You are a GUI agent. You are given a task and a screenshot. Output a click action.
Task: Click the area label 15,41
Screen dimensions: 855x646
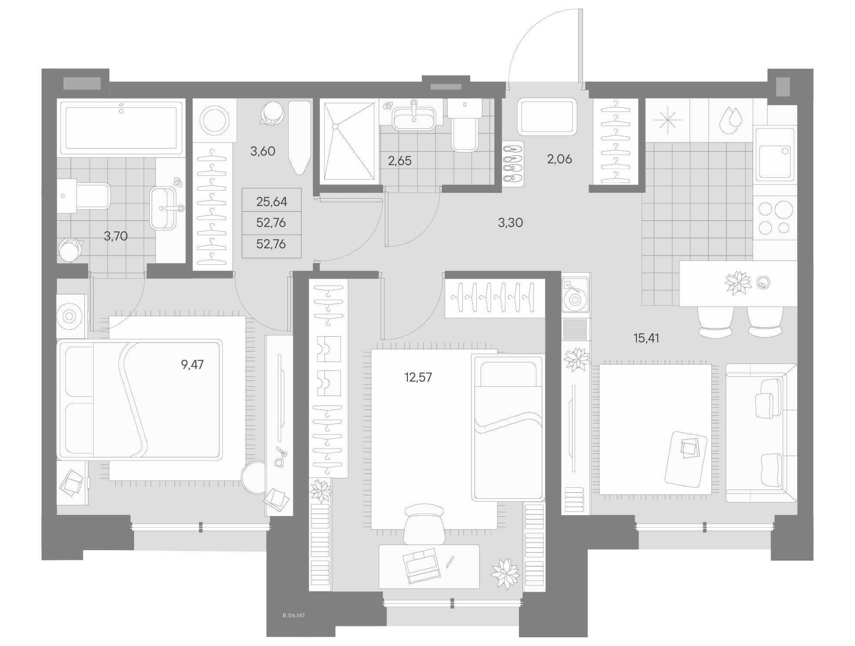pyautogui.click(x=646, y=338)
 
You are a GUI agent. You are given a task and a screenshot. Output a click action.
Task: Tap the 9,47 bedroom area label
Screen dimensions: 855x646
pyautogui.click(x=192, y=364)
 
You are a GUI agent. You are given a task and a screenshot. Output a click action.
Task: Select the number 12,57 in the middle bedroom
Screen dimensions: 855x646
pyautogui.click(x=418, y=377)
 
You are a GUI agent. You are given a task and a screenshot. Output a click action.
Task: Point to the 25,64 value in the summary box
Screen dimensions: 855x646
pyautogui.click(x=271, y=202)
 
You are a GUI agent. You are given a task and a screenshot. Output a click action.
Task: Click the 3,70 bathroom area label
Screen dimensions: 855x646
pyautogui.click(x=116, y=236)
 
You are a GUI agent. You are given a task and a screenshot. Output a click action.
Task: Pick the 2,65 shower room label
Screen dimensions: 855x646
pyautogui.click(x=400, y=161)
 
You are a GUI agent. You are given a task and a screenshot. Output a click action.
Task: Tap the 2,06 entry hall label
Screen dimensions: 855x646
pyautogui.click(x=559, y=159)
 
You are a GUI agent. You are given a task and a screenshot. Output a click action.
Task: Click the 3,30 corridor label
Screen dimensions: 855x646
pyautogui.click(x=510, y=223)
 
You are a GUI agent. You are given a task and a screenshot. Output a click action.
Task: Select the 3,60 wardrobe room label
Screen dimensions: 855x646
pyautogui.click(x=263, y=151)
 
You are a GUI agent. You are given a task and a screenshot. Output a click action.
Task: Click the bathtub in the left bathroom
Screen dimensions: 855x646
pyautogui.click(x=121, y=127)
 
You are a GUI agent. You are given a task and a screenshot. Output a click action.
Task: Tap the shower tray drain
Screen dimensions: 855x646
pyautogui.click(x=335, y=126)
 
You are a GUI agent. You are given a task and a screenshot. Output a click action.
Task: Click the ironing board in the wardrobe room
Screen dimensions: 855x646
pyautogui.click(x=300, y=137)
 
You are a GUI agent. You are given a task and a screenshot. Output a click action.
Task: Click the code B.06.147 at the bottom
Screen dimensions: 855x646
pyautogui.click(x=293, y=616)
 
